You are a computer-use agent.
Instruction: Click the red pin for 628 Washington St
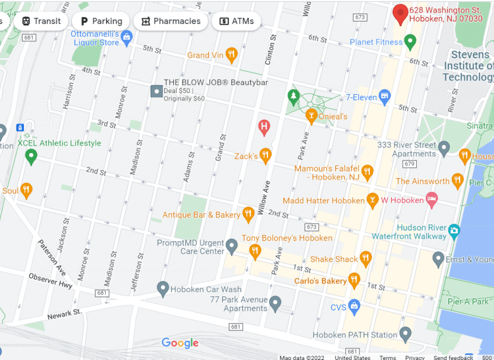tap(400, 14)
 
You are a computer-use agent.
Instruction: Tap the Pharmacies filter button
tap(171, 21)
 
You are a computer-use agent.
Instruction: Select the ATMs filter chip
tap(236, 21)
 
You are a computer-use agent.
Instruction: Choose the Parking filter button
tap(101, 21)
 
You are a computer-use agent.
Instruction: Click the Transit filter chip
tap(41, 21)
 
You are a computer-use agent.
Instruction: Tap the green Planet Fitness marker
tap(410, 42)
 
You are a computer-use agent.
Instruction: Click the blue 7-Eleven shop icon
tap(384, 97)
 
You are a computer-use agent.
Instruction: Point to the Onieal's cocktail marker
tap(311, 116)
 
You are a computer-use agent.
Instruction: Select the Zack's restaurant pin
tap(265, 155)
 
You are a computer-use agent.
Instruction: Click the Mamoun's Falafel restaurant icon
tap(368, 172)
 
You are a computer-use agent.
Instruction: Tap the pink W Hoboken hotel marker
tap(432, 200)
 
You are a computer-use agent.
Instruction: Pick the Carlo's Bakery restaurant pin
tap(355, 280)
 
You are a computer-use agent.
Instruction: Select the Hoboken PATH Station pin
tap(406, 334)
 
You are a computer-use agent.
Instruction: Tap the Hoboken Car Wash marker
tap(163, 289)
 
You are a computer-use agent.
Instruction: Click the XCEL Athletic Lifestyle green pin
tap(31, 155)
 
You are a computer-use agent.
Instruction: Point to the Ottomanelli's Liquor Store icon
tap(126, 38)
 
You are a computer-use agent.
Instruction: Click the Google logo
tap(180, 343)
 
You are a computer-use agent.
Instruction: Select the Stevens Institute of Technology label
tap(468, 66)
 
